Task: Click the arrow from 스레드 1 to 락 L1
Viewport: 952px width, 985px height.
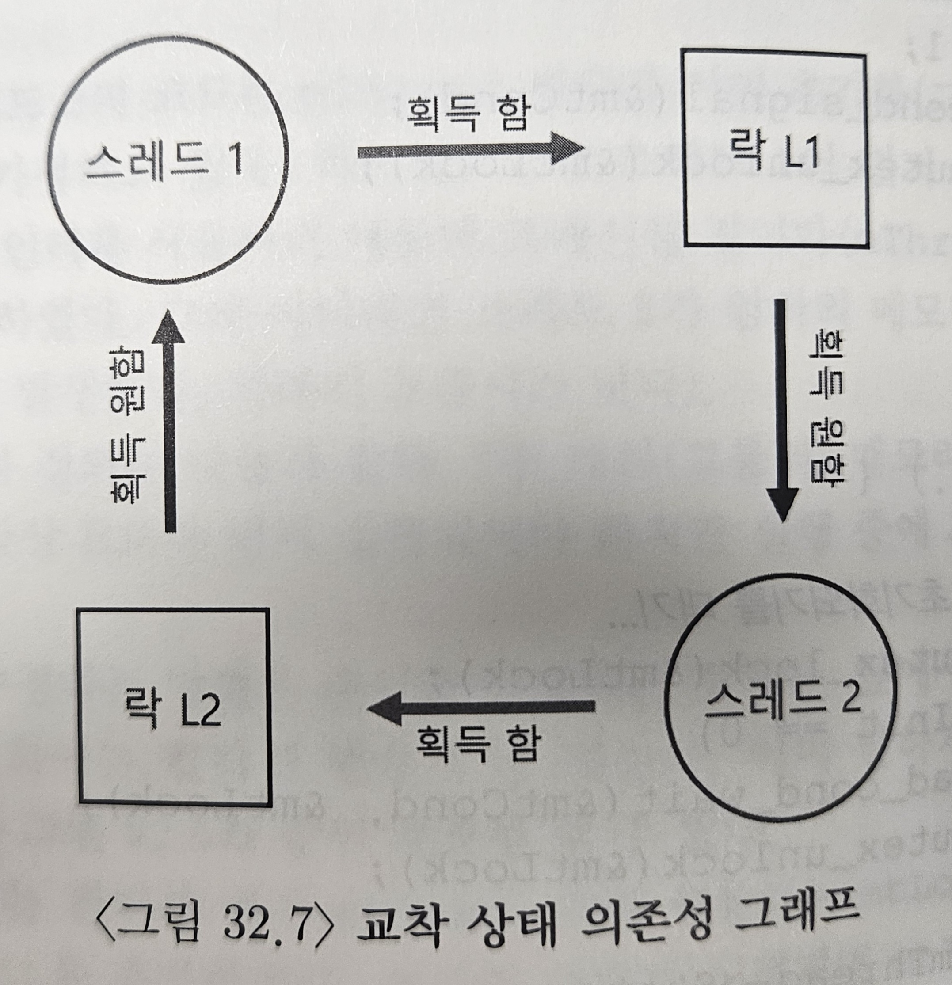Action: click(470, 149)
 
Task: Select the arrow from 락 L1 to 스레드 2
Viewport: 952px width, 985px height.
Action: click(781, 410)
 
